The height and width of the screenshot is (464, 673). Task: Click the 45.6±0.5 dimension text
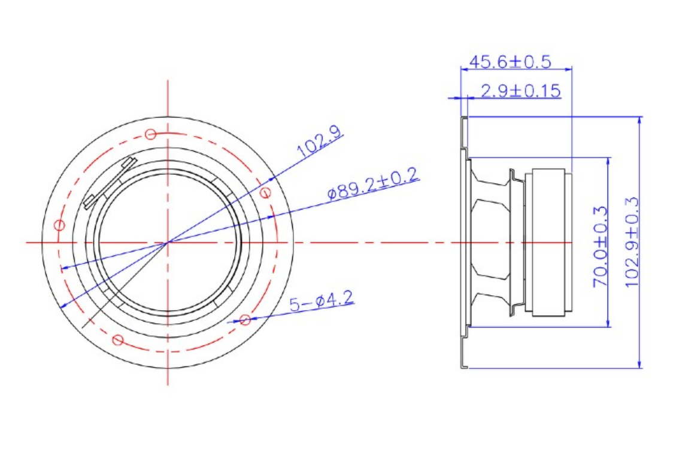(510, 62)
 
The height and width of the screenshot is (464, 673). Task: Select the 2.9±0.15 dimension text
(520, 90)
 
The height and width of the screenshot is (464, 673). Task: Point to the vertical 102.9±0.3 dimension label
(631, 242)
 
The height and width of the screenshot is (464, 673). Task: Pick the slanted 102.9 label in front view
(320, 141)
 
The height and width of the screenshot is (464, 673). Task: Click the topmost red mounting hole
(150, 134)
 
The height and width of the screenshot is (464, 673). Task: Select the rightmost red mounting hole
(266, 192)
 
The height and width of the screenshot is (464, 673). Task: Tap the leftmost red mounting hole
(59, 225)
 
